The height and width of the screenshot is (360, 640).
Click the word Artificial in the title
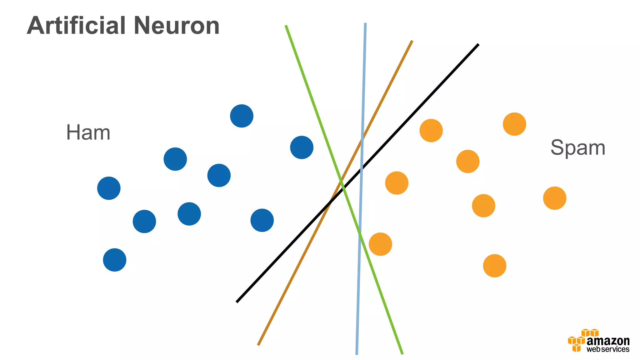click(x=76, y=26)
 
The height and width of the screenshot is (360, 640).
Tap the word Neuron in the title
click(x=177, y=26)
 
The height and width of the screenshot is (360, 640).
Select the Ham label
click(x=88, y=132)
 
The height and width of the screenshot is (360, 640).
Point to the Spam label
click(x=578, y=147)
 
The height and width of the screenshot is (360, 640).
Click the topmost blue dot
click(x=242, y=116)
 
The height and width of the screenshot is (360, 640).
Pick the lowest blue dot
click(x=115, y=260)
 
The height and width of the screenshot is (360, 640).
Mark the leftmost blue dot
click(x=109, y=188)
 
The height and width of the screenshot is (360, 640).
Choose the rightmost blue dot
click(x=302, y=147)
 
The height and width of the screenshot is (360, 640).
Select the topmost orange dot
click(x=514, y=124)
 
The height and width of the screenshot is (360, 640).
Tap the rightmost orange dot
click(x=555, y=198)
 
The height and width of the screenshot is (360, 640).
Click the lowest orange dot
click(x=495, y=266)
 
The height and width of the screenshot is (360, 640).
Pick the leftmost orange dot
click(x=380, y=244)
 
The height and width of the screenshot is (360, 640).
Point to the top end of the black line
click(x=478, y=45)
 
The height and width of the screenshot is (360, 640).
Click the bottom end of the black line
click(x=237, y=302)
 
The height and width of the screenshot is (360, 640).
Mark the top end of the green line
click(x=286, y=26)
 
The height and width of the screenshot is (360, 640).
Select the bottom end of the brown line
click(x=258, y=345)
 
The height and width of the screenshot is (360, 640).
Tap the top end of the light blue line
click(x=365, y=23)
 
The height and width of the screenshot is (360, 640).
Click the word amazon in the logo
click(x=608, y=341)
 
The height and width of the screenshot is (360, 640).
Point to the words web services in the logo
click(x=608, y=349)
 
